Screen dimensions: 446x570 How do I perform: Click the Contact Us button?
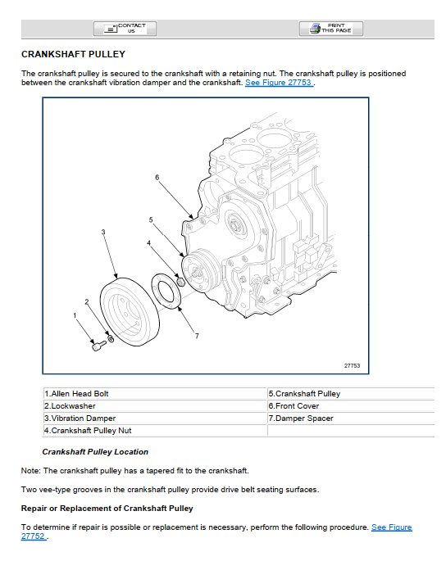point(125,29)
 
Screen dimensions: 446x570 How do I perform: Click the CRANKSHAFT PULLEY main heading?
point(73,54)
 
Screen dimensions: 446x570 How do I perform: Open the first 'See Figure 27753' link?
point(279,83)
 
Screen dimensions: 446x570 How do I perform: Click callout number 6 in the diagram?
point(157,178)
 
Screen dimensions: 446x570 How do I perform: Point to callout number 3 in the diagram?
point(103,232)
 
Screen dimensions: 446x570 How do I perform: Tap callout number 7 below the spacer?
point(197,336)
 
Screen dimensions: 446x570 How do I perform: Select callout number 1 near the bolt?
point(75,315)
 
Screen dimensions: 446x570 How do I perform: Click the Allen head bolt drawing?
point(98,345)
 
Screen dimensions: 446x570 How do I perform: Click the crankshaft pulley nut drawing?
point(180,281)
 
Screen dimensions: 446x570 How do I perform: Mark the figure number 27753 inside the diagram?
point(352,366)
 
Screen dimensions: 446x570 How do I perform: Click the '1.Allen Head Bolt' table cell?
point(155,394)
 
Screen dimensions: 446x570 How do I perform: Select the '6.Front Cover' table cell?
point(351,406)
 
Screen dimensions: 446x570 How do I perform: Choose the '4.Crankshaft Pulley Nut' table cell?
point(155,431)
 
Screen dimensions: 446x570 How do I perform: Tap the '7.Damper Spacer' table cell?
point(351,418)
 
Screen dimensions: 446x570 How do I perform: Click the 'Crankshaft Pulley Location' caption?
point(95,452)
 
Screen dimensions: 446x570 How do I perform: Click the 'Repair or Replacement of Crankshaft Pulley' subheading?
point(107,509)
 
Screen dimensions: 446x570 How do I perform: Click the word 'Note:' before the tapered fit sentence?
point(31,471)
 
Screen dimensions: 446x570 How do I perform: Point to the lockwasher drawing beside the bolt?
point(111,338)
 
